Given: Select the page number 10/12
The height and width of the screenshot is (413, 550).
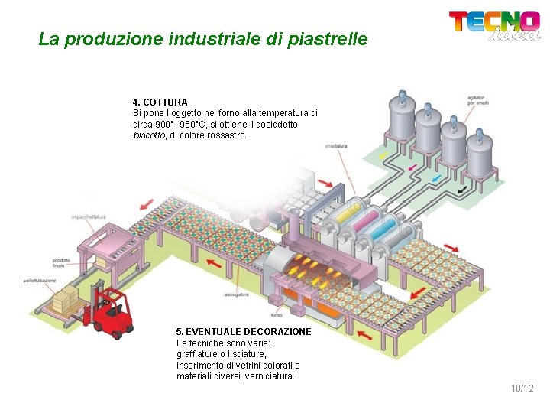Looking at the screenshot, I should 522,389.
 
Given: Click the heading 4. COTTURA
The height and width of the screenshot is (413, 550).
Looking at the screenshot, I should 160,102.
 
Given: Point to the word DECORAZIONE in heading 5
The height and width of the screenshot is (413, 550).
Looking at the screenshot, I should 278,332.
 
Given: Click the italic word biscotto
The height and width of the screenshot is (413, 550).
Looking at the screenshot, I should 150,135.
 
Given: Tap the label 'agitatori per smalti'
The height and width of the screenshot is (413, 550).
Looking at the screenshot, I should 477,100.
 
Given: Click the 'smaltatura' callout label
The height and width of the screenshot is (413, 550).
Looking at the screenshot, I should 336,145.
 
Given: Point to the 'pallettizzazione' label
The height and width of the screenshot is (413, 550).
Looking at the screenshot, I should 39,281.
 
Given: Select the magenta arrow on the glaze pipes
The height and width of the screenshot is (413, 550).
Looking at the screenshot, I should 412,167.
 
